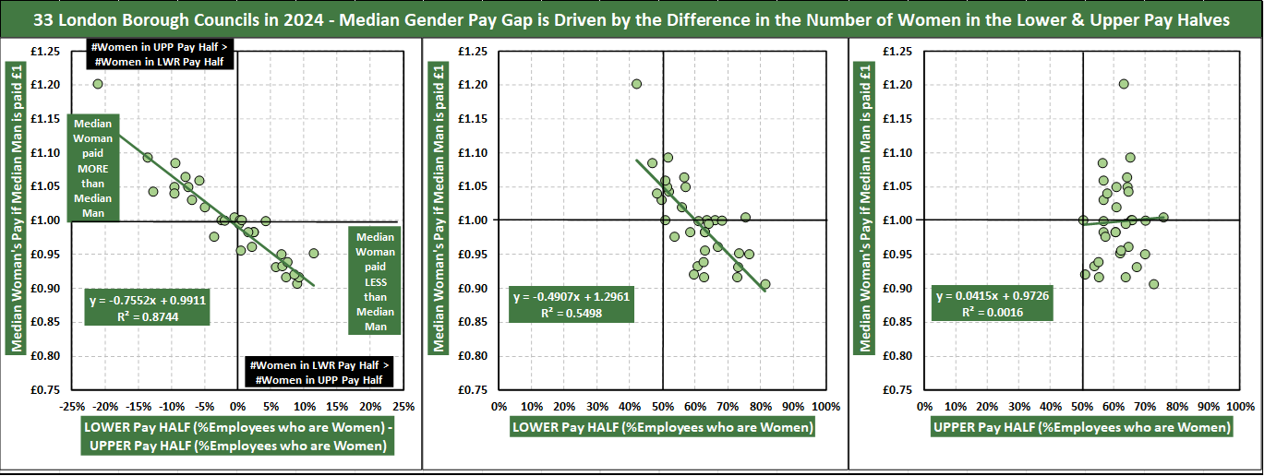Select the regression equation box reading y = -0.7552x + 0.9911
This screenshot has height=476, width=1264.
[x=148, y=307]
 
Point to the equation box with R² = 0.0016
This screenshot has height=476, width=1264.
[x=993, y=304]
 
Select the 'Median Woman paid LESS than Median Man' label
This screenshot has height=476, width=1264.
[x=375, y=281]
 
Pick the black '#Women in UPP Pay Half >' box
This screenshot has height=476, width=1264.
[x=161, y=54]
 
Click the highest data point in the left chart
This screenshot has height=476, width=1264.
[x=98, y=84]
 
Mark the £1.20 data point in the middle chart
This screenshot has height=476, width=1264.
[x=636, y=84]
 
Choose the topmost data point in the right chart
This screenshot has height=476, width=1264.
[x=1124, y=84]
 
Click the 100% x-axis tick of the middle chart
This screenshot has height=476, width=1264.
[x=825, y=406]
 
